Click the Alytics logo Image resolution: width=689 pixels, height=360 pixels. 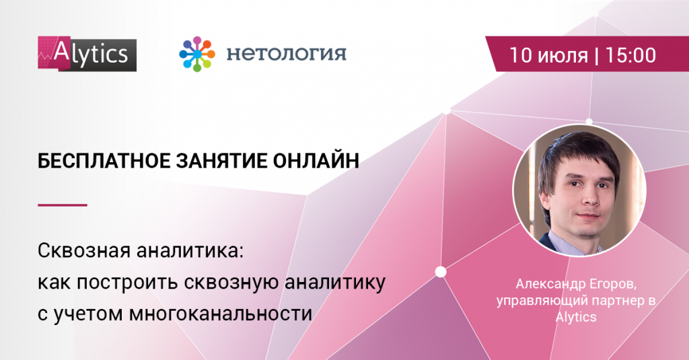click(x=87, y=54)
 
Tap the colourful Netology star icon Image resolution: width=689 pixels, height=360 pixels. click(x=197, y=54)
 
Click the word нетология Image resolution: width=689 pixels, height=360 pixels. click(x=287, y=54)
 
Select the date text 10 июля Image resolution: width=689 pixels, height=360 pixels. click(x=548, y=56)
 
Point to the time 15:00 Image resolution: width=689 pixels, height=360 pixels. click(x=630, y=55)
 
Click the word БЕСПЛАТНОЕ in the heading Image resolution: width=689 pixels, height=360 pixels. click(x=104, y=161)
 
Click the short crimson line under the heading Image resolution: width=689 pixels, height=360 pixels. click(x=63, y=205)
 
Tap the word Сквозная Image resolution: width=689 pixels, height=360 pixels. click(x=84, y=251)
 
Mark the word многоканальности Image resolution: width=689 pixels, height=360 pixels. click(x=221, y=314)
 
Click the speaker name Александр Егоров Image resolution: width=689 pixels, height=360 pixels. click(x=576, y=285)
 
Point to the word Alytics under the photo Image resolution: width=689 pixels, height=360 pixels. click(x=576, y=316)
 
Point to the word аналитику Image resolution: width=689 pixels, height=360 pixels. click(x=335, y=283)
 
